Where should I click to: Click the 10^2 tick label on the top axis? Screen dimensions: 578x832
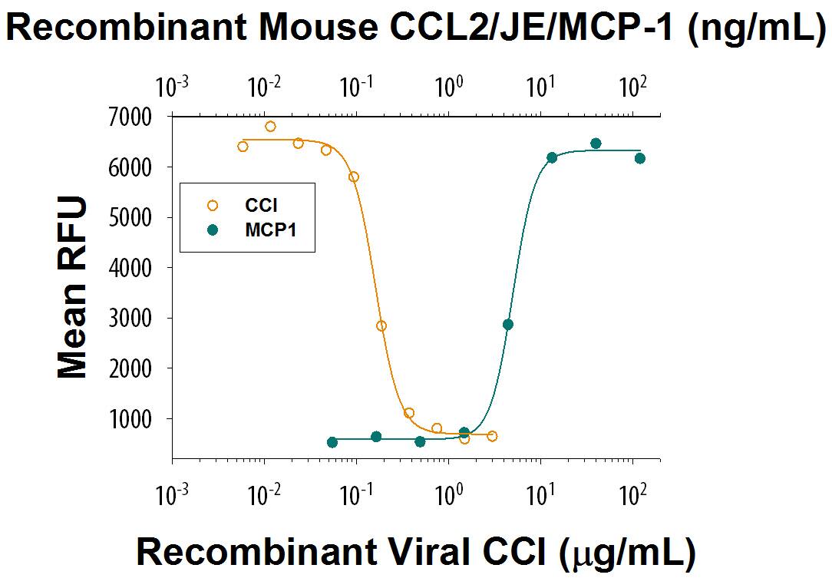tap(632, 87)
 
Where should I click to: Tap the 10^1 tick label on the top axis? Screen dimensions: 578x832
tap(541, 87)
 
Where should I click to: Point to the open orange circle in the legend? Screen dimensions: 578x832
tap(213, 205)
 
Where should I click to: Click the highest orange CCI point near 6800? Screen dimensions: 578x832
tap(270, 127)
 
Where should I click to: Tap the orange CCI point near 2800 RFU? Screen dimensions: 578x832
tap(381, 325)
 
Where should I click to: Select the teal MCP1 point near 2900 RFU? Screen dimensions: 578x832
tap(507, 325)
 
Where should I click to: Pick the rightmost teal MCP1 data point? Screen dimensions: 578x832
tap(640, 158)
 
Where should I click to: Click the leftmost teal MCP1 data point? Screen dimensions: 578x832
tap(332, 442)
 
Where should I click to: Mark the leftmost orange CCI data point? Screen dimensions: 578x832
tap(243, 147)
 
